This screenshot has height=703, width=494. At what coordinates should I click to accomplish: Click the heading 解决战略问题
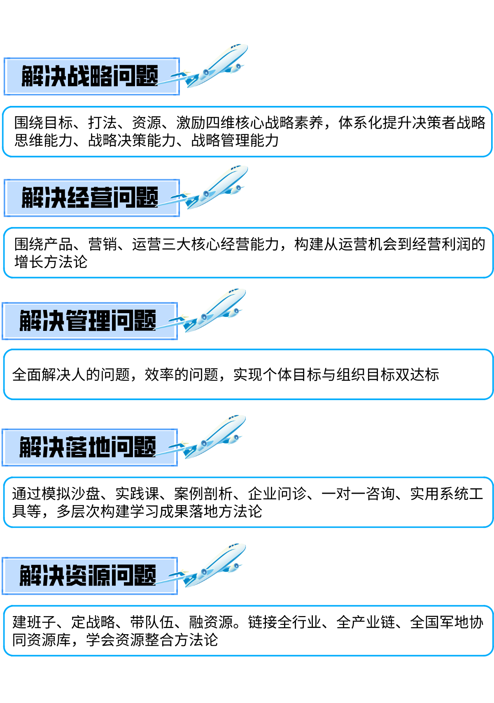tap(90, 76)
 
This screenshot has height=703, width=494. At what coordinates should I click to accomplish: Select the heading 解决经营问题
tap(90, 197)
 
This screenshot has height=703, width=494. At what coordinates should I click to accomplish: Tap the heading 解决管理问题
tap(88, 321)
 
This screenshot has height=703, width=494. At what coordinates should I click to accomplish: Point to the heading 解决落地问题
tap(88, 447)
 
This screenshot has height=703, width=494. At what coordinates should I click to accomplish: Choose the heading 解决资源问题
tap(88, 575)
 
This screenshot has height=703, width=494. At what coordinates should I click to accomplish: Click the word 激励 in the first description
tap(191, 123)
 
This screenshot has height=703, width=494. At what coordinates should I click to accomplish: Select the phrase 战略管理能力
tap(235, 140)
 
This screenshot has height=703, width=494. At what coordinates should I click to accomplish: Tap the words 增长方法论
tap(51, 262)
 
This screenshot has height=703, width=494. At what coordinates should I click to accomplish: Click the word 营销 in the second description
tap(103, 244)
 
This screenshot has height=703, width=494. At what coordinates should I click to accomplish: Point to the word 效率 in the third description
tap(159, 375)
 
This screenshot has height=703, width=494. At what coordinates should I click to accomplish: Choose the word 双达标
tap(417, 375)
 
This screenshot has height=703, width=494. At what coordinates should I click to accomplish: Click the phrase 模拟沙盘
tap(70, 494)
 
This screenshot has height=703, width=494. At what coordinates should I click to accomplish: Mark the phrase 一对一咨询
tap(358, 494)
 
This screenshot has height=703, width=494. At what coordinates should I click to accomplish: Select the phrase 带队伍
tap(152, 622)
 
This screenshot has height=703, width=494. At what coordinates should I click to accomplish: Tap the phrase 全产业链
tap(366, 622)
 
